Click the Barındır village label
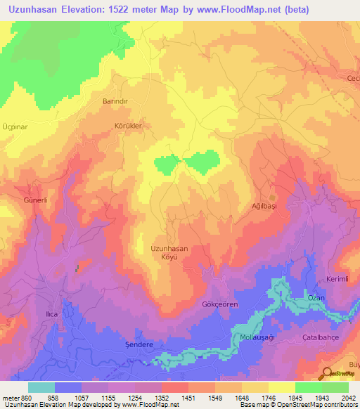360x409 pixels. coord(115,101)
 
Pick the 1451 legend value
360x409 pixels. coord(187,397)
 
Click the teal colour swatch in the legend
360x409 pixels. coord(41,387)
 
